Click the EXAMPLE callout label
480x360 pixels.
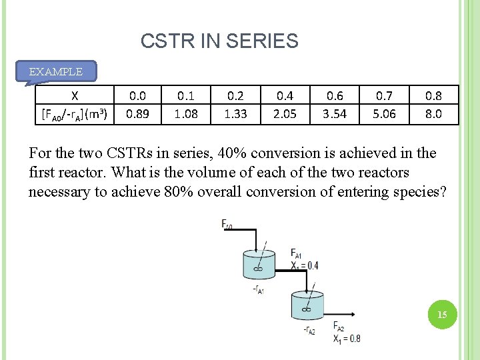pos(56,71)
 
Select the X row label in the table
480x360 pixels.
pos(75,95)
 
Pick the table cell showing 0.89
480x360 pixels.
pos(138,113)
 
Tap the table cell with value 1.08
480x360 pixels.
pos(186,113)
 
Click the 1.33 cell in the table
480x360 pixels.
pos(235,113)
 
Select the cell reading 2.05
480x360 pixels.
pos(285,113)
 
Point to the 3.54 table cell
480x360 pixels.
pos(335,113)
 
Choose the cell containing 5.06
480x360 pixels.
pos(384,113)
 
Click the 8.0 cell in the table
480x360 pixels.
pos(433,113)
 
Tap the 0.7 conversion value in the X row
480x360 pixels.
pos(384,95)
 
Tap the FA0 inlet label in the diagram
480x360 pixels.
pos(227,225)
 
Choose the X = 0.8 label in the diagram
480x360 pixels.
pos(347,338)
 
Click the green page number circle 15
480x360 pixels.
pos(441,314)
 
